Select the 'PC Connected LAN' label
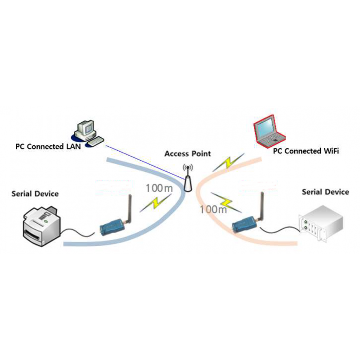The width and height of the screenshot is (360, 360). pos(48,147)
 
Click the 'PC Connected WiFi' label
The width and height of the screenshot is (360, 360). pos(306,151)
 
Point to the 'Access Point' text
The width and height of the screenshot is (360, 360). pos(188,153)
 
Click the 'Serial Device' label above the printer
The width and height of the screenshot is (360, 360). pos(35,193)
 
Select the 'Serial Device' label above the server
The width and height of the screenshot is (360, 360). pos(325,192)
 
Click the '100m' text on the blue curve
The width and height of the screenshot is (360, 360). pos(158,188)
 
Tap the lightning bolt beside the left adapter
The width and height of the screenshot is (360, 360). pos(155,202)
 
